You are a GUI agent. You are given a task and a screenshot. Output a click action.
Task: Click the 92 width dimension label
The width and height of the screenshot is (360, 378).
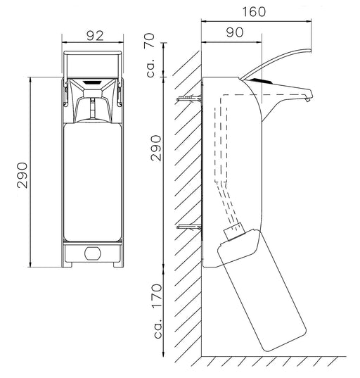click(95, 36)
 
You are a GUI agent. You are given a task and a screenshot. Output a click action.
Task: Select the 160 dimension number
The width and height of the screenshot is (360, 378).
click(254, 12)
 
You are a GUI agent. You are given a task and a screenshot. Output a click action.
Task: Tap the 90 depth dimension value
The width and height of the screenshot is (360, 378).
click(235, 32)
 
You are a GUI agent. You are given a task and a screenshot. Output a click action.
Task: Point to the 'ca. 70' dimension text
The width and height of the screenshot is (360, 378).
click(150, 55)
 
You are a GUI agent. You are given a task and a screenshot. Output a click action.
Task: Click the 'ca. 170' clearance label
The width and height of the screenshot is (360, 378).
click(157, 311)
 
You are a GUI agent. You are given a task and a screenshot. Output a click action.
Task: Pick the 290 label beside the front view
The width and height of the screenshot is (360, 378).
click(22, 175)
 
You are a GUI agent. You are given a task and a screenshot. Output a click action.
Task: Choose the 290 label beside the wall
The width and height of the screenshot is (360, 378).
click(155, 148)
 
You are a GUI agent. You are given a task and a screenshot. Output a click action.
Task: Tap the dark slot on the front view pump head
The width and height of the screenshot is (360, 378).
click(93, 82)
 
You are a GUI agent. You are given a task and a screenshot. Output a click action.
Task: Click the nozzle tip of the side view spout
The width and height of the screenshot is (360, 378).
click(307, 99)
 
